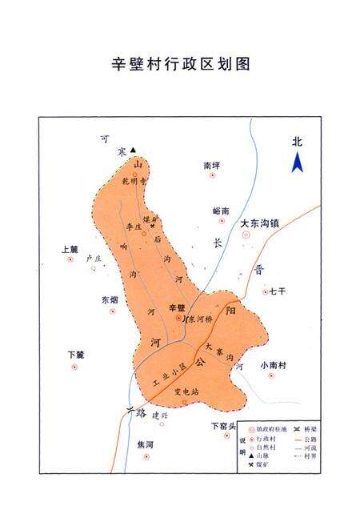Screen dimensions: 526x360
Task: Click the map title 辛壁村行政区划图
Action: click(180, 64)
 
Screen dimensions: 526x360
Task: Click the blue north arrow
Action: click(297, 163)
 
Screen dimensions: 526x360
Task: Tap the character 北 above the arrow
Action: click(297, 142)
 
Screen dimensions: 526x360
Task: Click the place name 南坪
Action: click(212, 165)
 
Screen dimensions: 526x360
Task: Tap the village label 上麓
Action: click(70, 249)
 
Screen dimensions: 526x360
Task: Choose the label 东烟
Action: click(109, 299)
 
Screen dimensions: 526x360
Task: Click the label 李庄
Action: click(134, 227)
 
